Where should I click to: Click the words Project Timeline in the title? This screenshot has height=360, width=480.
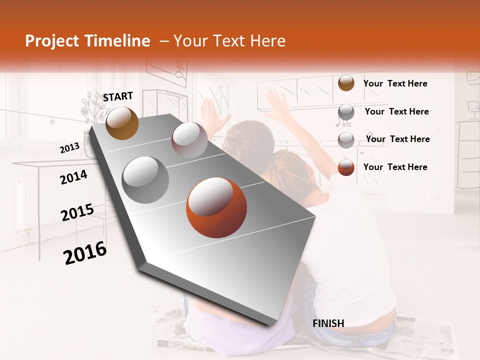[x=87, y=41]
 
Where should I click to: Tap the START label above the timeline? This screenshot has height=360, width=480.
[x=118, y=96]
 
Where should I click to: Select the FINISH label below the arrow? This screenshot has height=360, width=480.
[x=328, y=323]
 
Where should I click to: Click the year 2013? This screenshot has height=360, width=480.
[x=70, y=148]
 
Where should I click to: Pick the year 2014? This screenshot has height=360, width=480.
[x=73, y=177]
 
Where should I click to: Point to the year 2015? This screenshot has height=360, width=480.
[x=77, y=212]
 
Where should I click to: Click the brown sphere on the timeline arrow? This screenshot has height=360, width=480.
[x=122, y=123]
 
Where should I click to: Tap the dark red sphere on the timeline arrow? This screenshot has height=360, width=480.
[x=189, y=140]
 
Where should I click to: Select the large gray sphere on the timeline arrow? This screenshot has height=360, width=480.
[x=145, y=180]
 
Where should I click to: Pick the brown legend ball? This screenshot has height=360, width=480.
[x=346, y=83]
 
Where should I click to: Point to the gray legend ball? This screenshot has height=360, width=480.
[x=346, y=112]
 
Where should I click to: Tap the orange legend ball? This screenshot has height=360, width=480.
[x=346, y=167]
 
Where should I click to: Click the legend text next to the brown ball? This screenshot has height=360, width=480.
[x=395, y=84]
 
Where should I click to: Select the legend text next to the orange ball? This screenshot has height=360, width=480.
[x=395, y=167]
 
